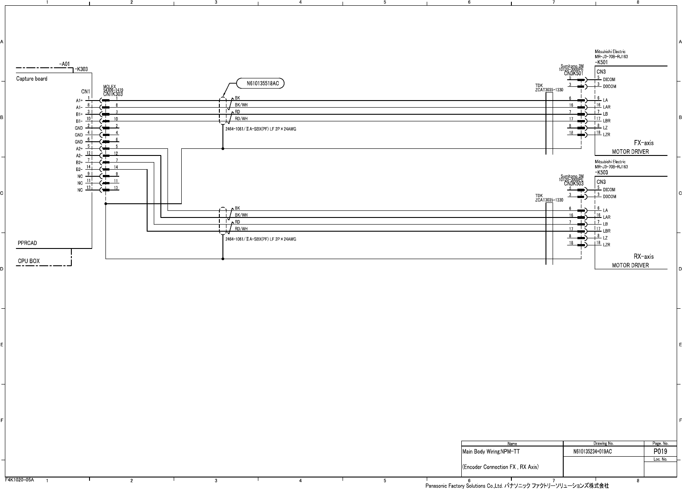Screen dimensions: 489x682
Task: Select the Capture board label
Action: [32, 79]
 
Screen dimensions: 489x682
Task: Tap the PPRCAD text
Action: [27, 243]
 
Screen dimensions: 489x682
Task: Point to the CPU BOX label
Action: [29, 261]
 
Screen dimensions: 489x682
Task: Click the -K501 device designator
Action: [601, 62]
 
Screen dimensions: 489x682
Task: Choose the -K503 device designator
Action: [601, 172]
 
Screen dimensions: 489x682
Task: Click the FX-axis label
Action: [643, 143]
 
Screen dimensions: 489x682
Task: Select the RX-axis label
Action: [643, 256]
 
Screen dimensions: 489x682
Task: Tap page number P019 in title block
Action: [660, 451]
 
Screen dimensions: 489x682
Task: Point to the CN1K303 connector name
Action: [113, 94]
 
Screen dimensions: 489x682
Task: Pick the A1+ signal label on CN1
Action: [79, 101]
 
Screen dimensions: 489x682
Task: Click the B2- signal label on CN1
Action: [79, 169]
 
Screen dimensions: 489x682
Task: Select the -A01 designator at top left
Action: [65, 64]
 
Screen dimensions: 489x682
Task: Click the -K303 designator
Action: [81, 69]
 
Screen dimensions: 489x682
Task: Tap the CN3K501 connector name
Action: [574, 74]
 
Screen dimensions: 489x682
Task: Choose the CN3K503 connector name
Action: [574, 183]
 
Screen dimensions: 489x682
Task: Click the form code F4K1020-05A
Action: [19, 480]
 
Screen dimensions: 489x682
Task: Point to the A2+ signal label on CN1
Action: [79, 149]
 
